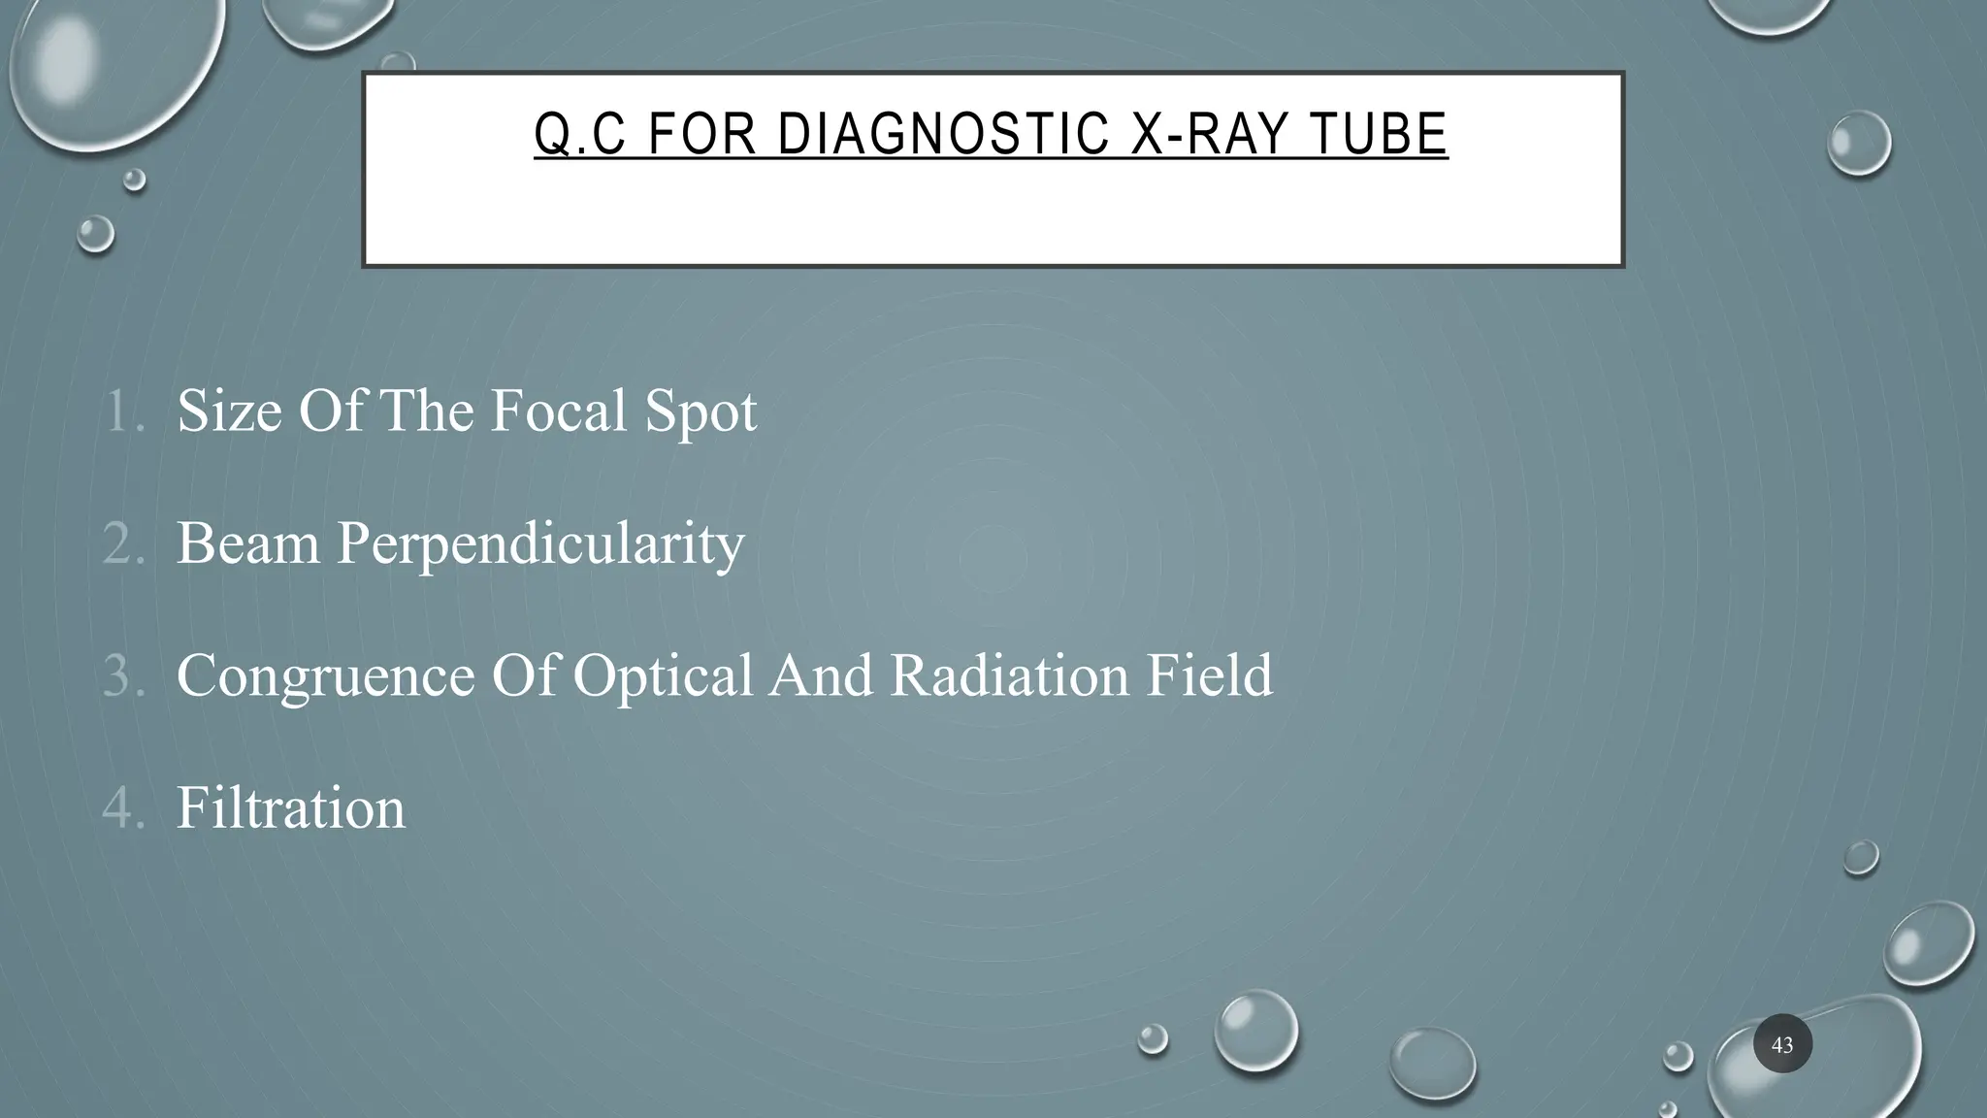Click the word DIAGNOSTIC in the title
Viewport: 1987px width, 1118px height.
coord(943,134)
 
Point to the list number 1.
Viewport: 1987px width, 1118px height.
coord(123,411)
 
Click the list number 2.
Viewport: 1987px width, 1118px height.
coord(123,543)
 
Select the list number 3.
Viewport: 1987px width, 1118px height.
coord(123,675)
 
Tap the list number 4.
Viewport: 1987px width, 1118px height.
coord(123,807)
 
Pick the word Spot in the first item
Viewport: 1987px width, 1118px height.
coord(700,411)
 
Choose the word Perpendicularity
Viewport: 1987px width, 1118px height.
coord(540,543)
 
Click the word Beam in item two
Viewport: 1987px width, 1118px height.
coord(247,543)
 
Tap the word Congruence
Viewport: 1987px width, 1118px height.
coord(326,675)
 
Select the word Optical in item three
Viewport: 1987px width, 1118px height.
coord(663,675)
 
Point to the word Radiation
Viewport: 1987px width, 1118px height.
coord(1009,675)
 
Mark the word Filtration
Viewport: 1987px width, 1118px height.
coord(290,807)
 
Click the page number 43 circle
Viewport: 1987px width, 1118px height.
coord(1782,1045)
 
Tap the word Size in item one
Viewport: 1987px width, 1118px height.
coord(229,411)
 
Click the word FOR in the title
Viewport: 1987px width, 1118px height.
coord(701,134)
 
